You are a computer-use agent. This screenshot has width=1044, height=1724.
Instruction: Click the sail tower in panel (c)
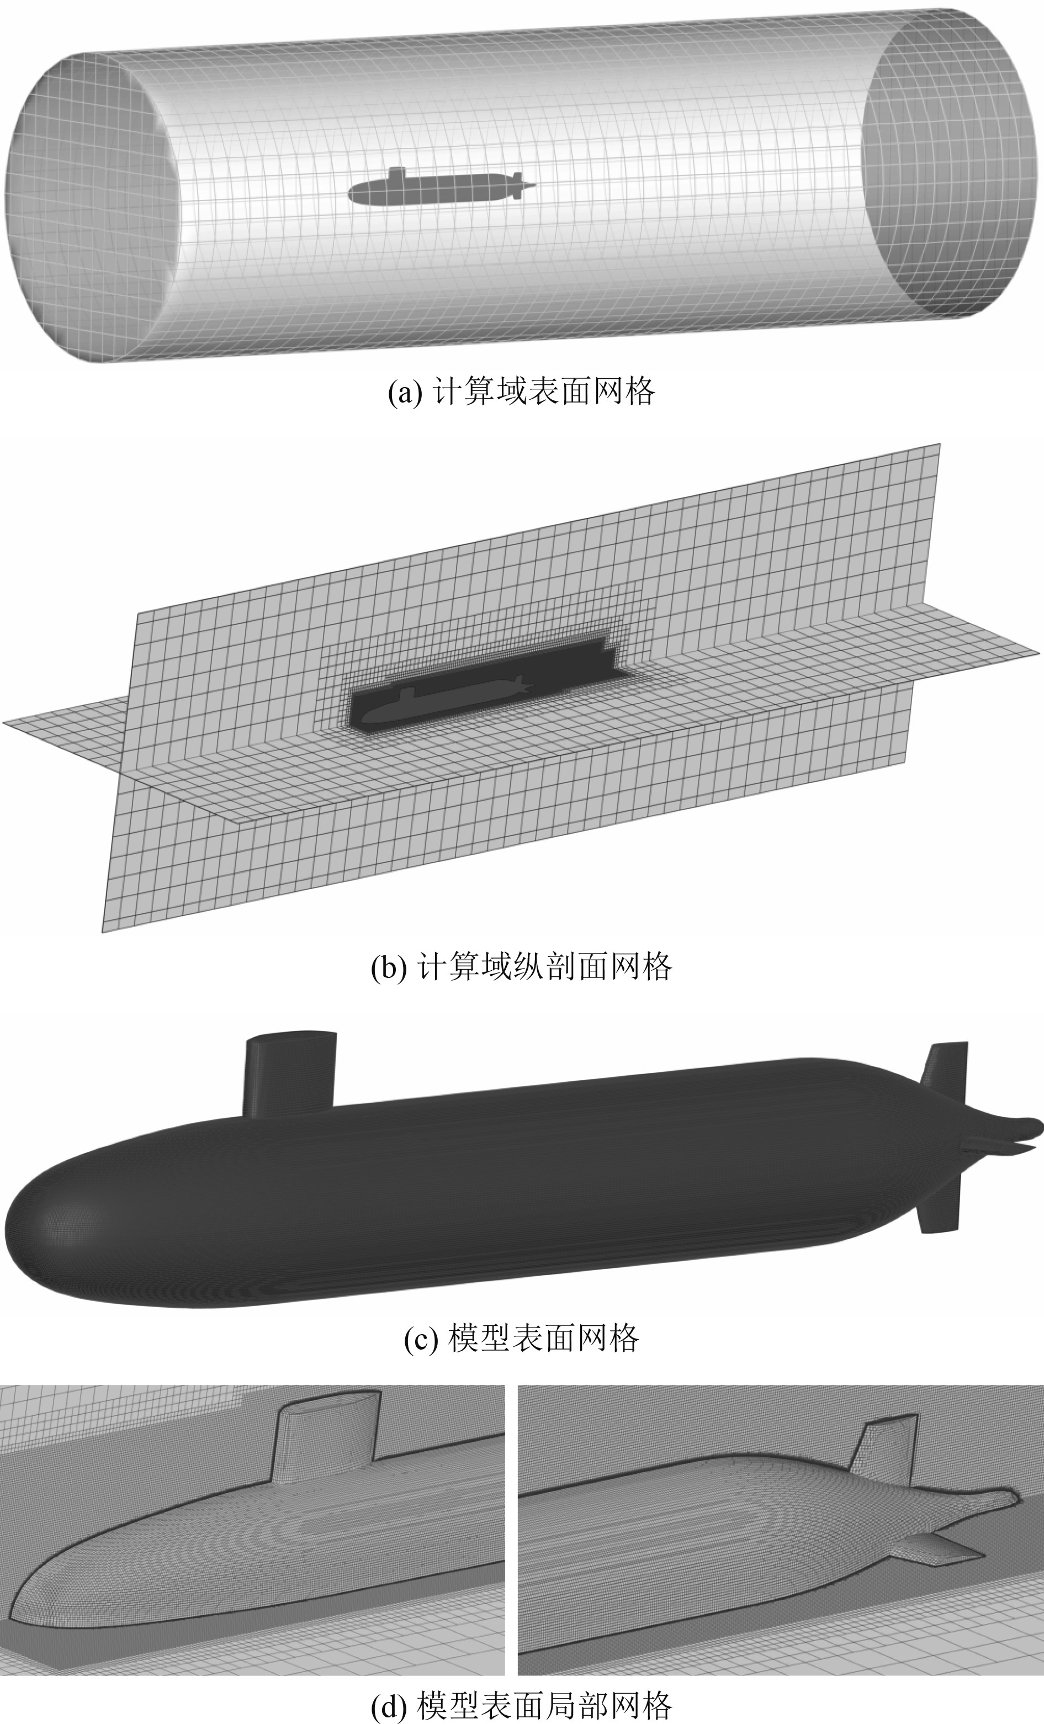click(289, 1074)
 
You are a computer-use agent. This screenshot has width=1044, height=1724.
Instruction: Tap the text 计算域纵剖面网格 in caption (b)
click(544, 966)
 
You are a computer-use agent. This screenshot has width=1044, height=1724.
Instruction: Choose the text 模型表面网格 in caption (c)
click(542, 1339)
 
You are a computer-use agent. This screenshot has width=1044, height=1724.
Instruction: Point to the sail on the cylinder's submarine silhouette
click(398, 174)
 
